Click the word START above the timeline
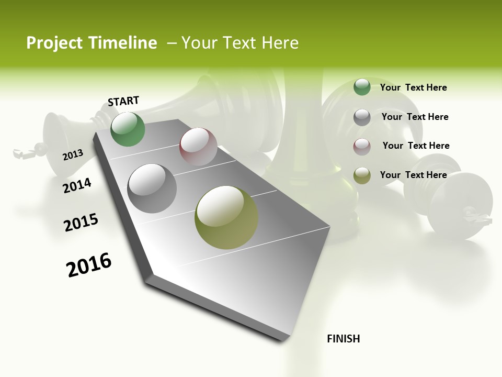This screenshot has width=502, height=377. [123, 101]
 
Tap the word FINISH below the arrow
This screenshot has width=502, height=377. [343, 339]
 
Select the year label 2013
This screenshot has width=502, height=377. [73, 154]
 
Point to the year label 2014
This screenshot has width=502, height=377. [77, 185]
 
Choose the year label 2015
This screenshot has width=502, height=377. [81, 222]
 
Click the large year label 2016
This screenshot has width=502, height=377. [89, 265]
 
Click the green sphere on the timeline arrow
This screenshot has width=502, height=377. [128, 129]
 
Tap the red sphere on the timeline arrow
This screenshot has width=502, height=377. [198, 146]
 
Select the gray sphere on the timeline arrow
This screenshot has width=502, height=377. [152, 188]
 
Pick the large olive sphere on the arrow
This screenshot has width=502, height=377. [226, 217]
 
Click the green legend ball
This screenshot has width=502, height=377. [362, 87]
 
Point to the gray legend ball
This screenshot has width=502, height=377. [362, 117]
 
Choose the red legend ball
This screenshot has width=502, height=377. [362, 147]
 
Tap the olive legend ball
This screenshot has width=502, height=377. [362, 175]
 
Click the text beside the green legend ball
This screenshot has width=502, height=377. [413, 87]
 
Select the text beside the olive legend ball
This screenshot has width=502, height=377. [413, 175]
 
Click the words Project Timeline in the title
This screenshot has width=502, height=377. [92, 43]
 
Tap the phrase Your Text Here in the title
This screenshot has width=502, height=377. [240, 43]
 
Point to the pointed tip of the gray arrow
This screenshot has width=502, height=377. [285, 338]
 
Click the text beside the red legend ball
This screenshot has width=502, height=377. [416, 146]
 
